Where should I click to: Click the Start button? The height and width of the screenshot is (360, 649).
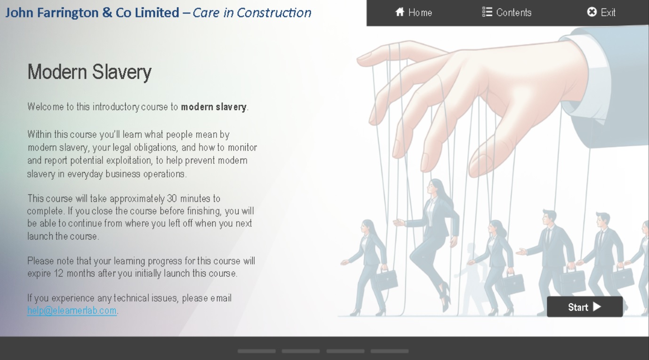point(585,306)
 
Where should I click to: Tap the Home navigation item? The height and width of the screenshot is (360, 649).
point(413,12)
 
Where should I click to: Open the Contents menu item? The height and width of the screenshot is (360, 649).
point(507,12)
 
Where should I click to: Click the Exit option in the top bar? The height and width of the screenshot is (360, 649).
point(601,12)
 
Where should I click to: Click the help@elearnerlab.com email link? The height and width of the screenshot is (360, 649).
point(72,311)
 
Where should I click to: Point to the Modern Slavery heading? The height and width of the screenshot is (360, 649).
point(89,72)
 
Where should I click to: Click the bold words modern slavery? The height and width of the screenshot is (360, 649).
point(214,107)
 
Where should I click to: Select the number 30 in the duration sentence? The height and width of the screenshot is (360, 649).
point(172,199)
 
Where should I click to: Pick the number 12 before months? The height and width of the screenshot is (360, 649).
point(58,273)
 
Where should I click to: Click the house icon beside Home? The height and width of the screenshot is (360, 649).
point(400,12)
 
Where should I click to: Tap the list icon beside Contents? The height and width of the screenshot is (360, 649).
point(487,12)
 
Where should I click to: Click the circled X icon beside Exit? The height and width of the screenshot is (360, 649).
point(592,12)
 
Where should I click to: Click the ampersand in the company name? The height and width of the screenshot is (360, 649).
point(107,13)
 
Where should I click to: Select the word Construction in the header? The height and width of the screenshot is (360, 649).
point(274,13)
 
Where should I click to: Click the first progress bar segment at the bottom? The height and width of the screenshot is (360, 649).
point(256,351)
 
